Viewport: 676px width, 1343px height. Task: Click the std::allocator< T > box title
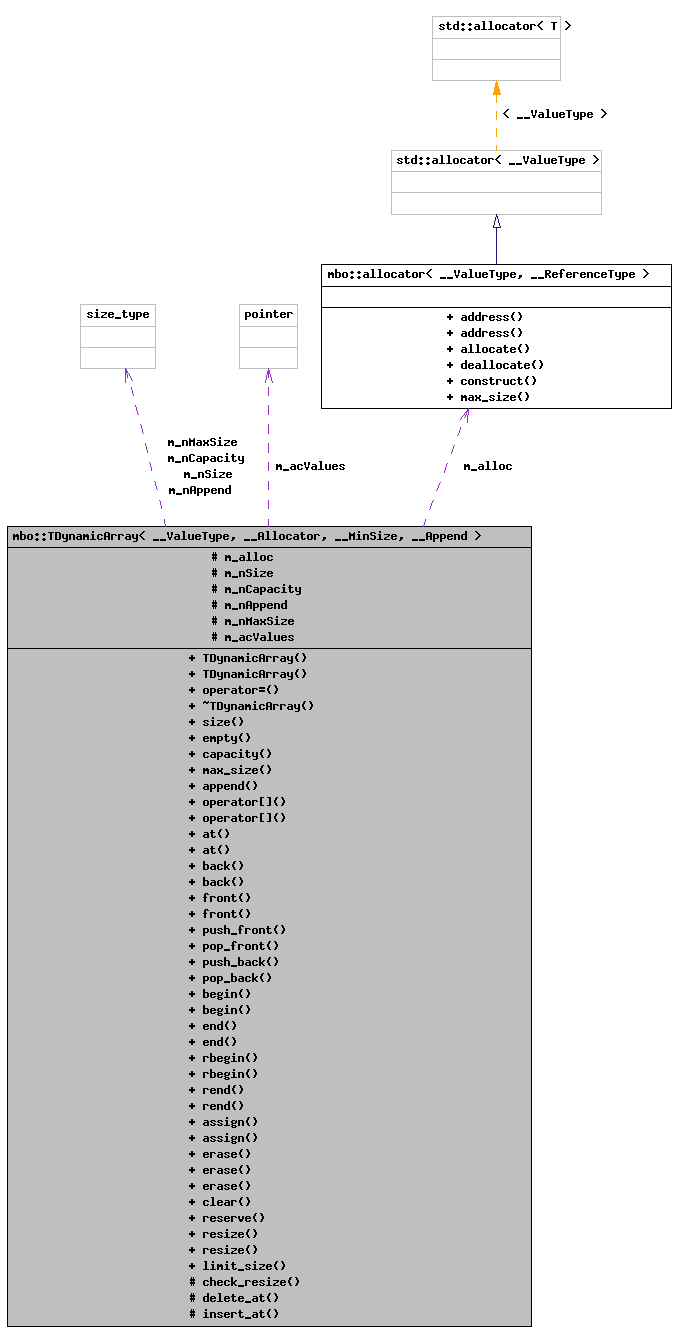click(496, 26)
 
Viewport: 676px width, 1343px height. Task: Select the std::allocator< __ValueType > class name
click(496, 160)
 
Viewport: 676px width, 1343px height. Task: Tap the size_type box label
click(118, 314)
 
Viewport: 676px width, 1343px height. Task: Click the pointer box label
click(268, 314)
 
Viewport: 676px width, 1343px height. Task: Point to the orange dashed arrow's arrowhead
click(496, 89)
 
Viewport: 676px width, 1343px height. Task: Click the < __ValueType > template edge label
click(554, 114)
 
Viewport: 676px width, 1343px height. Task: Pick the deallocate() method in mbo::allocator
click(495, 365)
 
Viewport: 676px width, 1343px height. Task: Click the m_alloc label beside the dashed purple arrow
click(487, 466)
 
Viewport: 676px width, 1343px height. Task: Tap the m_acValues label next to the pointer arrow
click(310, 466)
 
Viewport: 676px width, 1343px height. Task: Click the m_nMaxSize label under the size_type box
click(202, 442)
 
